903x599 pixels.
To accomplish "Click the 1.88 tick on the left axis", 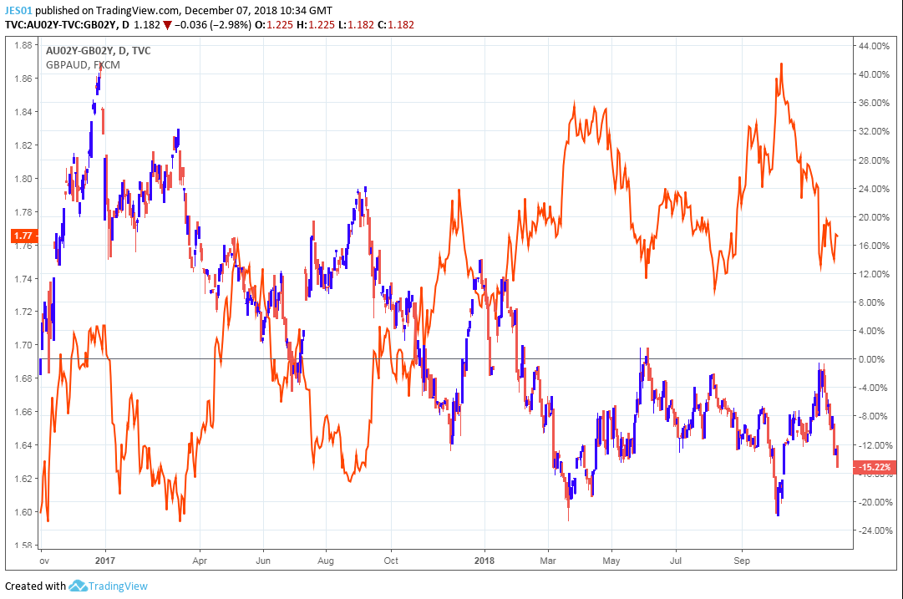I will coord(23,45).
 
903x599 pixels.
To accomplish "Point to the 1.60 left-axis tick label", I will coord(23,512).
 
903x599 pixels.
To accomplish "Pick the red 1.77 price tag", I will coord(23,236).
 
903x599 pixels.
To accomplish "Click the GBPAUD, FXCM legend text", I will coord(83,65).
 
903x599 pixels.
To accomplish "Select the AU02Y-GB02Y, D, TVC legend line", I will coord(99,52).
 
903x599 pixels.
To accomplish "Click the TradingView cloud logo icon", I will coord(79,586).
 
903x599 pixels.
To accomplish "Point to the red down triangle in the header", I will coord(168,25).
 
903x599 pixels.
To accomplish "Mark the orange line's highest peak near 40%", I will coord(781,63).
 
